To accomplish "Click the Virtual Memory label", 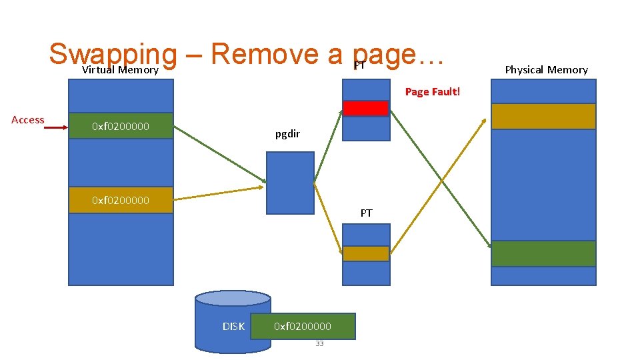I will point(121,70).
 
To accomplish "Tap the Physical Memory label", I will point(546,70).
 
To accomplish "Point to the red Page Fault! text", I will point(432,92).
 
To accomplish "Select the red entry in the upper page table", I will point(365,108).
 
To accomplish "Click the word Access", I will point(28,120).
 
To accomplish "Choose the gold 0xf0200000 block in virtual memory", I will point(121,200).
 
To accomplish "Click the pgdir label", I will point(287,135).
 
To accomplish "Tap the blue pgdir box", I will point(290,183).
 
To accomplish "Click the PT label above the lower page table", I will point(366,213).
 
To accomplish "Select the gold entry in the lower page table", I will point(365,253).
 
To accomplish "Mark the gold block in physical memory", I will point(543,116).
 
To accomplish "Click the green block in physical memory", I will point(543,253).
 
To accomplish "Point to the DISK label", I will point(233,327).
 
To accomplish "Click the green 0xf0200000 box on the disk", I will point(303,327).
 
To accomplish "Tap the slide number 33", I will point(319,344).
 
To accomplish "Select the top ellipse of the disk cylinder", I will point(233,298).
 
